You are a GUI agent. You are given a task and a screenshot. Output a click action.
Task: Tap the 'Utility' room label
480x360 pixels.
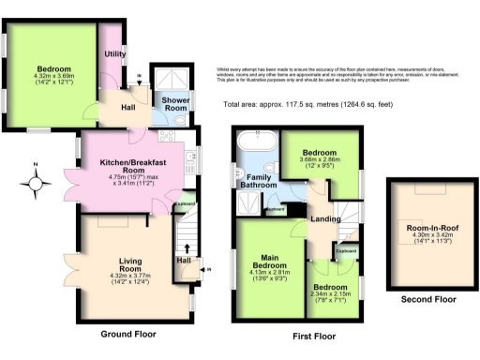click(x=115, y=54)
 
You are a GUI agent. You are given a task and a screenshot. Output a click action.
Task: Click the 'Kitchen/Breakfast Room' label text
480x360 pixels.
click(x=139, y=166)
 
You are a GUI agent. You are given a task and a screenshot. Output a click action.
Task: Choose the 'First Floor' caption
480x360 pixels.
click(x=313, y=335)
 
